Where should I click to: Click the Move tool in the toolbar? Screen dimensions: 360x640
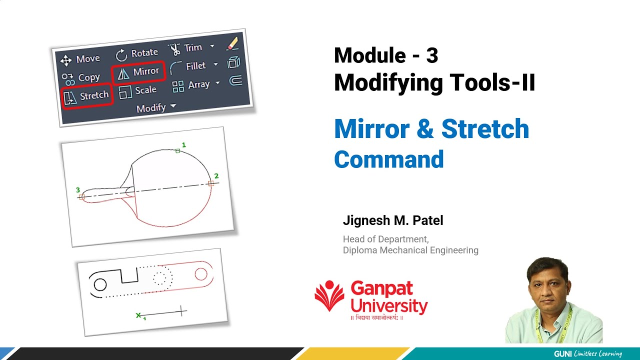(x=80, y=59)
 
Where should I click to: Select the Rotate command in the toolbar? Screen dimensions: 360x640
(x=137, y=53)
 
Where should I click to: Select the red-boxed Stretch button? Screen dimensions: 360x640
(x=86, y=95)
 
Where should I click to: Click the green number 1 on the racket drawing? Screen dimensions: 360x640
(x=183, y=145)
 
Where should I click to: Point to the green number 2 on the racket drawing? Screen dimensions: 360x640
(x=216, y=176)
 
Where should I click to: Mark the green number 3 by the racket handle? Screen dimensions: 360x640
(x=78, y=190)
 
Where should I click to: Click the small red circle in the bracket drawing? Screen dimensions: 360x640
(x=201, y=274)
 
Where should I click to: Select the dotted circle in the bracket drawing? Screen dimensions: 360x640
(x=161, y=278)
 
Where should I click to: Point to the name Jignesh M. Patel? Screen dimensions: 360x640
(x=393, y=220)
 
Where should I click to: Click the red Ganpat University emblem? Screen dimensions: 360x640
(x=329, y=296)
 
